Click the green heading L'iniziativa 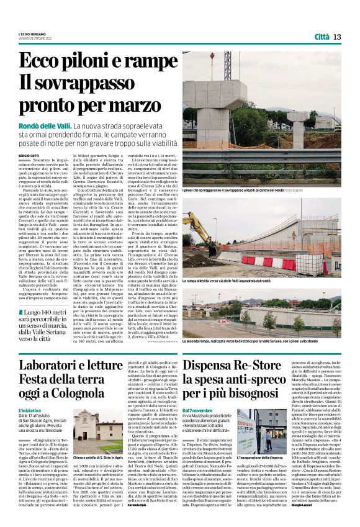[x=29, y=410]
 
